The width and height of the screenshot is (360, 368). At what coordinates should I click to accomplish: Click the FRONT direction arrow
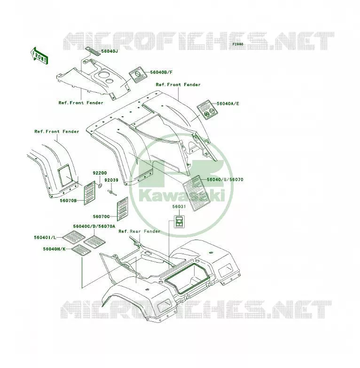tap(39, 56)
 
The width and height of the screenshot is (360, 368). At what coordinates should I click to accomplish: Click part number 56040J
tap(110, 51)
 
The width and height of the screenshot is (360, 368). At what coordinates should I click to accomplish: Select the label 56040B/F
tap(161, 72)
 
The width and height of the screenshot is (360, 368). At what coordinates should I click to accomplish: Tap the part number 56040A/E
tap(228, 104)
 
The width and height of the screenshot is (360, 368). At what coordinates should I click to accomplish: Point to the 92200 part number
tap(100, 173)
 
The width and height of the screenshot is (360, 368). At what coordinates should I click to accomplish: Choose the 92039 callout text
tap(111, 180)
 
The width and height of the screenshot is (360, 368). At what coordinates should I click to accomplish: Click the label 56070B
tap(68, 200)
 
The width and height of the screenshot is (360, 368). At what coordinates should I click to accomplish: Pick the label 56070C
tap(101, 216)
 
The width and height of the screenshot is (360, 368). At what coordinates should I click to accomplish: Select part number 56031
tap(179, 207)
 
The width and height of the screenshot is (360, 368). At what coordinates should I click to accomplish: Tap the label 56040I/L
tap(45, 238)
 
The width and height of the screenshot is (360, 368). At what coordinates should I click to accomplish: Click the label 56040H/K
tap(54, 249)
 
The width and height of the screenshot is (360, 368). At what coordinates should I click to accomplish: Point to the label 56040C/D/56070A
tap(94, 226)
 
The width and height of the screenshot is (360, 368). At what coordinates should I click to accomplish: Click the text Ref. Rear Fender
tap(140, 232)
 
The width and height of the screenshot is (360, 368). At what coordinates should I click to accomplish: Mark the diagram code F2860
tap(238, 44)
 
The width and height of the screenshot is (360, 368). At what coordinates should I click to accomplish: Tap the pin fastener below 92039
tap(112, 192)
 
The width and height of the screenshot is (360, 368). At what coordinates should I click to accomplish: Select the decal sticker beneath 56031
tap(180, 222)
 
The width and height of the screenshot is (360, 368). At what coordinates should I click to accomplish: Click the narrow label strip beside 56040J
tap(93, 51)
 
